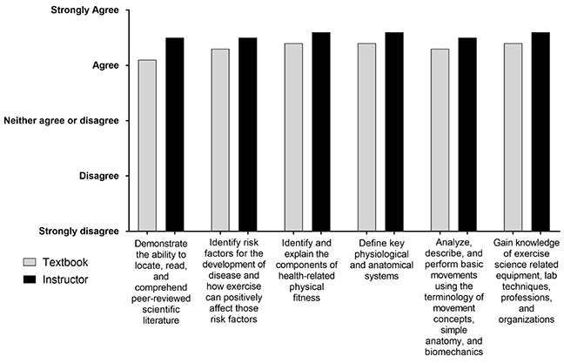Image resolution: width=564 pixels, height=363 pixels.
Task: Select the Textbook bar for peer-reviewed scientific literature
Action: click(147, 145)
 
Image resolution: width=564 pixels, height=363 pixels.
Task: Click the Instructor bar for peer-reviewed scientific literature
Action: click(175, 134)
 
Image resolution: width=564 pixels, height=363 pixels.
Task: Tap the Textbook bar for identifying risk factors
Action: click(220, 139)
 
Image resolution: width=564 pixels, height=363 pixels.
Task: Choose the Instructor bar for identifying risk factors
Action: click(248, 134)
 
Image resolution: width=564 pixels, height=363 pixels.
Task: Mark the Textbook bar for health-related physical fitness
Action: click(293, 137)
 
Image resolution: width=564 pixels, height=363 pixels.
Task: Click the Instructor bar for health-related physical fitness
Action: click(321, 131)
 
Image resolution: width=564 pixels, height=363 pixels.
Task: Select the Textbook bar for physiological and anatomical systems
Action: click(366, 137)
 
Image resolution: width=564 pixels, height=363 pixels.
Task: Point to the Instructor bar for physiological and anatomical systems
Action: click(394, 131)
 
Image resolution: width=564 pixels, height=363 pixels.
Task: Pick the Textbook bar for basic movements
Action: click(440, 139)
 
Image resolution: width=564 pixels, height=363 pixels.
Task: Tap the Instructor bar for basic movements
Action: click(467, 134)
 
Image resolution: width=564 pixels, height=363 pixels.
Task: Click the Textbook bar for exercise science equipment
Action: click(513, 137)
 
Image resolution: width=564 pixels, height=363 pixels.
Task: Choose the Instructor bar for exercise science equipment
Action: click(540, 131)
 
